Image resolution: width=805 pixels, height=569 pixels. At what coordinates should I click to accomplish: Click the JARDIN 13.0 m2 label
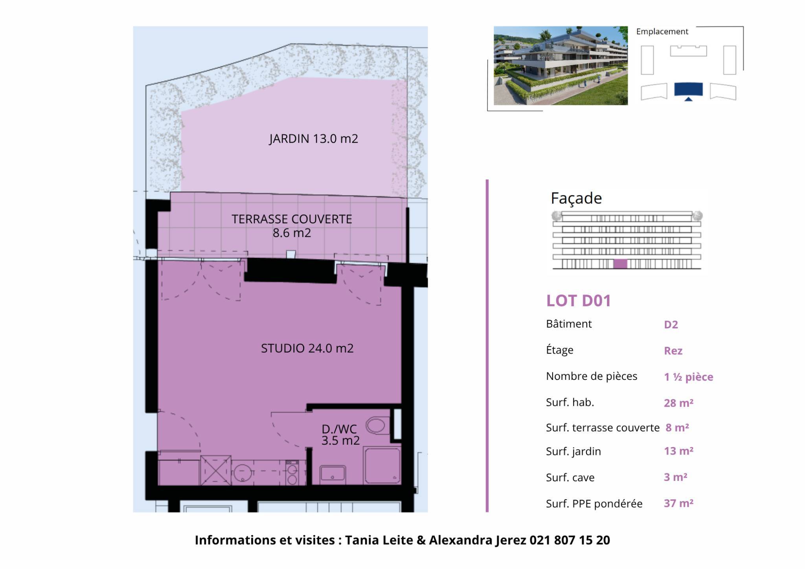coord(313,139)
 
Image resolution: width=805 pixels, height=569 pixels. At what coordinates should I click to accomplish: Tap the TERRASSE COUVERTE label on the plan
coord(292,226)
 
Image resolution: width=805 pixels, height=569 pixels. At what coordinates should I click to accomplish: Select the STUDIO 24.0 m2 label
coord(307,348)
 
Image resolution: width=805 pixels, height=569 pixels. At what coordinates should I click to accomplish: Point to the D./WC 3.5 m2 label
coord(340,435)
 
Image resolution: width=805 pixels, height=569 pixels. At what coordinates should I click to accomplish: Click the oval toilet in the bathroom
coord(376,425)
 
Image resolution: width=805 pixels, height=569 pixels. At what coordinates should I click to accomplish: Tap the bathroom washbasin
coord(333,473)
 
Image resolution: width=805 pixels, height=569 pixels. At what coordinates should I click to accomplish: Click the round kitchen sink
coord(243,473)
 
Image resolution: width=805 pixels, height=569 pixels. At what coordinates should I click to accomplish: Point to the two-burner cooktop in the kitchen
coord(292,473)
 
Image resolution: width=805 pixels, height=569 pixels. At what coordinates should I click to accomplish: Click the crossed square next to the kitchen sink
coord(215,470)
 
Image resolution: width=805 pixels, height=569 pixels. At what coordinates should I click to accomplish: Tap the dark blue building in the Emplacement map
coord(688,90)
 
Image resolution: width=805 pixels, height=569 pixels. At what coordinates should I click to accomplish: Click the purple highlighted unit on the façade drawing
coord(620,264)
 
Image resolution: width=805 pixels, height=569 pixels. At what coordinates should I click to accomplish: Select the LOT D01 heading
coord(579,301)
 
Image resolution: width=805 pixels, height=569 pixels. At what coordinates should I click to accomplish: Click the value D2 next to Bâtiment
coord(671,324)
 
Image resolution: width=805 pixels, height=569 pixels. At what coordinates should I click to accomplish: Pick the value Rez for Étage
coord(673,351)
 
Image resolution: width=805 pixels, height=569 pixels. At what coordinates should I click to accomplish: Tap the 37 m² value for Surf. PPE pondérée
coord(678,503)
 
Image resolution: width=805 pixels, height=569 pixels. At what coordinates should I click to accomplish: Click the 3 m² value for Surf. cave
coord(675,477)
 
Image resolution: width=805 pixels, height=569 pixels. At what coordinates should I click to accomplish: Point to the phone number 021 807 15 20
coord(570,540)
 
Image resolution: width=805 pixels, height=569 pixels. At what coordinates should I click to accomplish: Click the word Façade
coord(576,198)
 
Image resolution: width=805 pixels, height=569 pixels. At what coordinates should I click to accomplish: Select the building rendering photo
coord(561,66)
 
